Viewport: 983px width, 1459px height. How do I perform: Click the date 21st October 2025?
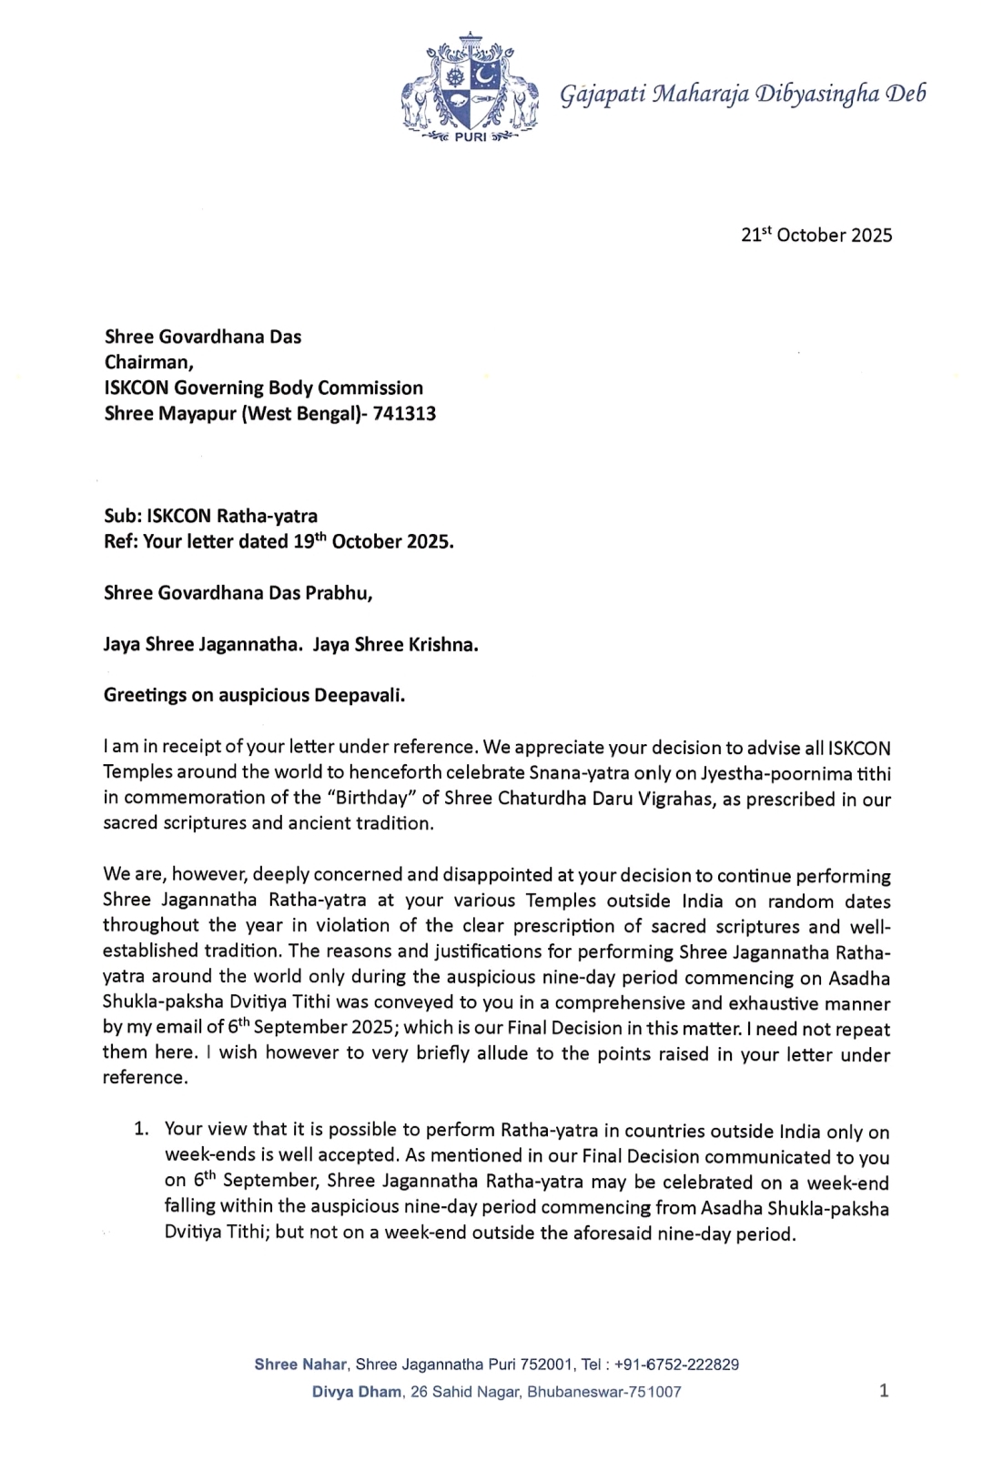click(x=816, y=235)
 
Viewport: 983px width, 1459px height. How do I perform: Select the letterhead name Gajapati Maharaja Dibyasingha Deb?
click(x=743, y=94)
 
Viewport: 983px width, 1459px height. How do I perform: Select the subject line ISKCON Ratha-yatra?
click(x=232, y=517)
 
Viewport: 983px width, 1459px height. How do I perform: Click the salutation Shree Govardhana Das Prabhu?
click(x=238, y=593)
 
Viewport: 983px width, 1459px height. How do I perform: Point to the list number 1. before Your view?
click(x=141, y=1129)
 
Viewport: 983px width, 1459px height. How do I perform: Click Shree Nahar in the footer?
click(x=300, y=1364)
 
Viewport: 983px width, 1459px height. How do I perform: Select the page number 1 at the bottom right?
click(x=884, y=1390)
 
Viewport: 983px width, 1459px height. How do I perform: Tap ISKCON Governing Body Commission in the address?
click(x=264, y=388)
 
